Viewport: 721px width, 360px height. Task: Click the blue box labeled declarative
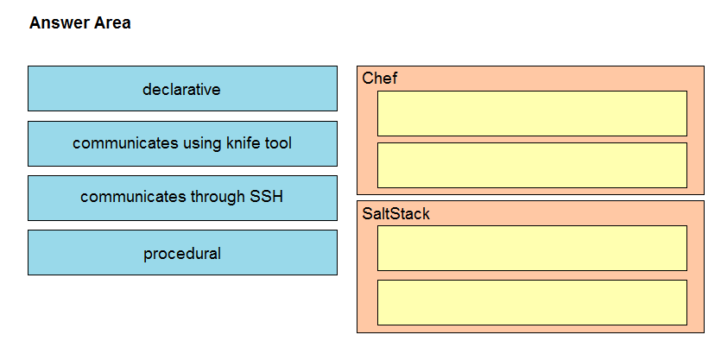click(182, 88)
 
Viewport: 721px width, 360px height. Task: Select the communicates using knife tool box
click(182, 143)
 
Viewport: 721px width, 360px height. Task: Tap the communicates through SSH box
click(182, 198)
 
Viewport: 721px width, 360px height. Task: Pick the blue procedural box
click(182, 252)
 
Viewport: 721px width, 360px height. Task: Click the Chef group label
click(379, 79)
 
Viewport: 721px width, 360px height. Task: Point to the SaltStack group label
click(396, 214)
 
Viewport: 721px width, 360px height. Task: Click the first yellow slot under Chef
click(532, 114)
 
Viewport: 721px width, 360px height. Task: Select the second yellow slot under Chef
click(532, 165)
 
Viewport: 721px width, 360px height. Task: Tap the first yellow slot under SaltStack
click(532, 248)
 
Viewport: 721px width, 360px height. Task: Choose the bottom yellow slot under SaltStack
click(532, 302)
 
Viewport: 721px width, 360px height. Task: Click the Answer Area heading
click(80, 22)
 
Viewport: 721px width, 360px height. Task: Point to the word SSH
click(266, 197)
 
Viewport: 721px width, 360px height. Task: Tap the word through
click(218, 197)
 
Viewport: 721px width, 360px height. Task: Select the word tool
click(278, 143)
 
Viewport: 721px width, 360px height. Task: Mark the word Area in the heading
click(112, 22)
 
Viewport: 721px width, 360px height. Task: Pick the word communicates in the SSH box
click(133, 197)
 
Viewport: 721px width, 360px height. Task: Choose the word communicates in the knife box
click(125, 143)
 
